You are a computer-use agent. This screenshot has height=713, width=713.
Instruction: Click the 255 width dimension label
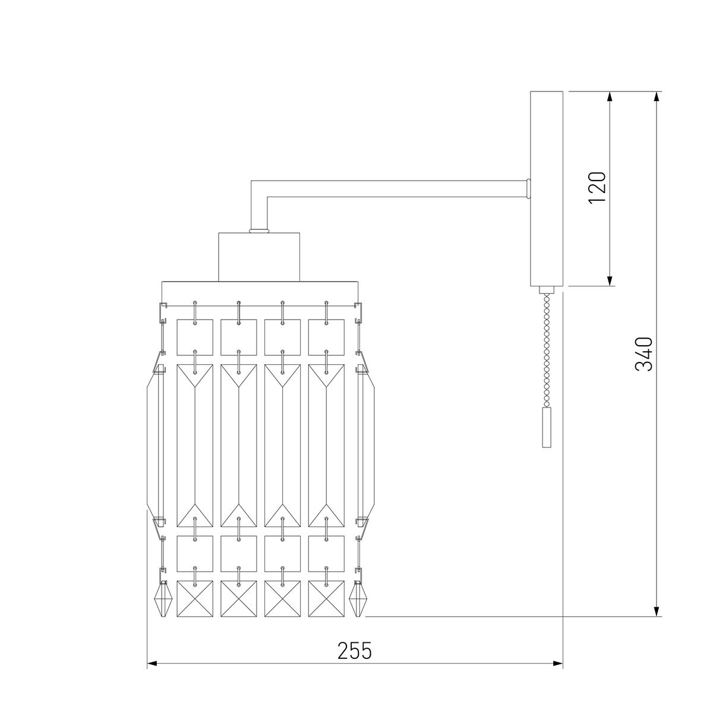coord(354,651)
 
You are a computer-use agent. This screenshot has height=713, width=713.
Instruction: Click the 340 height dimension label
coord(644,354)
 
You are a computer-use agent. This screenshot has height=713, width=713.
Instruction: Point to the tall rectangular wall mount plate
coord(547,189)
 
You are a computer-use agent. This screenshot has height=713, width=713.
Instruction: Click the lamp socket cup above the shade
coord(259,257)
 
